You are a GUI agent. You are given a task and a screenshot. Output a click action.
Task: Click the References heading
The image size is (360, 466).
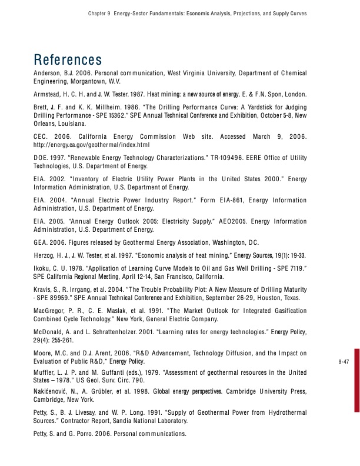pyautogui.click(x=68, y=60)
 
